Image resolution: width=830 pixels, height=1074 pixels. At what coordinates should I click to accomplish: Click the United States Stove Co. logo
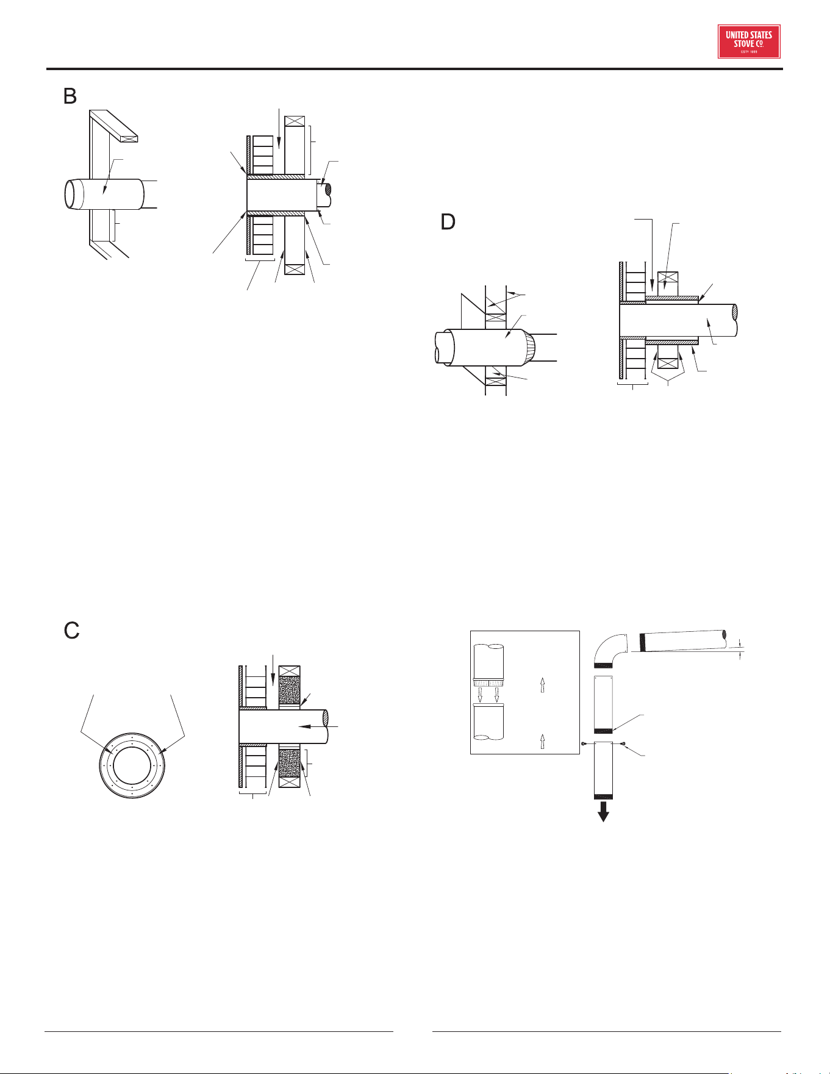point(749,41)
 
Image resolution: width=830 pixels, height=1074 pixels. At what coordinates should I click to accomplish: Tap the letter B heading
point(70,96)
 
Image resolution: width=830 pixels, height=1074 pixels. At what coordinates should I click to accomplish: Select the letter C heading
point(72,631)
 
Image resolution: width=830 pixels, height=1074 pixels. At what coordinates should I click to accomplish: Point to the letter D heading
point(448,222)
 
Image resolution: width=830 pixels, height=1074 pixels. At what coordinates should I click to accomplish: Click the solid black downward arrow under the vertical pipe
point(603,812)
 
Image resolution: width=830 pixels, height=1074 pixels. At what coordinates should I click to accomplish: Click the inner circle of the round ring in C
point(132,765)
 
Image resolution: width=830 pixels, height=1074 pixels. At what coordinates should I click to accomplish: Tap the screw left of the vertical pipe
point(584,744)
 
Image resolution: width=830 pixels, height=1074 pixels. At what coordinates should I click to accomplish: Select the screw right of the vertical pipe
point(622,744)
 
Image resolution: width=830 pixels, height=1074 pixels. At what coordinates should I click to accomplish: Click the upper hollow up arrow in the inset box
point(542,686)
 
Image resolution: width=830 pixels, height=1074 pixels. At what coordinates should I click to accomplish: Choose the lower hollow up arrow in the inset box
point(542,742)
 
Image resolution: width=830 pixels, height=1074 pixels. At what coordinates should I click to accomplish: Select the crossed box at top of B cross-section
point(295,121)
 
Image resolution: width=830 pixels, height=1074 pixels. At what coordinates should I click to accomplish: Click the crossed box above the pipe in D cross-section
point(668,278)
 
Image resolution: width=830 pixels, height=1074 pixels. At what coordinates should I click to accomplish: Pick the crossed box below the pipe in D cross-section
point(668,365)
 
